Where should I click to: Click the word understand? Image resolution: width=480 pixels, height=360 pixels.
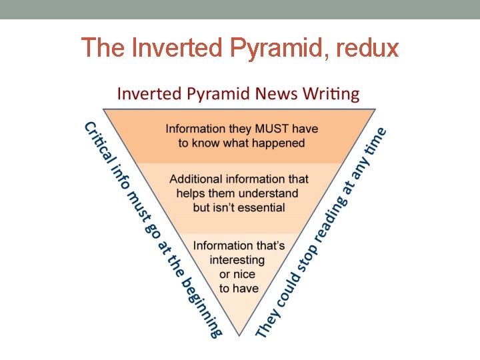[265, 193]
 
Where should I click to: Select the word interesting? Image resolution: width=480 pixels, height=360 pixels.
[237, 260]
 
